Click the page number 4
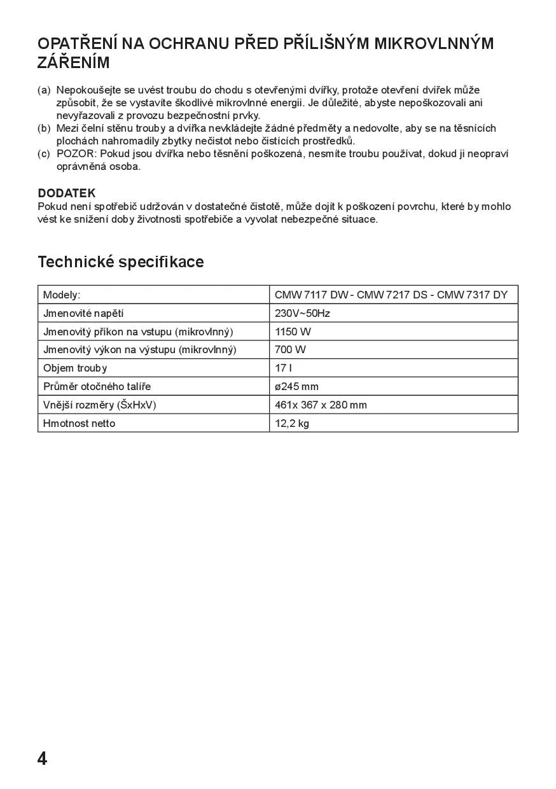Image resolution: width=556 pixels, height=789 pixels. [43, 758]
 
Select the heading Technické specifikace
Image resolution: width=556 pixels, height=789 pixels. [121, 262]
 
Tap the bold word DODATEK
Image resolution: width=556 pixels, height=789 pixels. [67, 193]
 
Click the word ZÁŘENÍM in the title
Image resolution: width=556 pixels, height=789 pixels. [74, 63]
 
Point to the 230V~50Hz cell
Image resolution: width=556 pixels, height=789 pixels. [302, 313]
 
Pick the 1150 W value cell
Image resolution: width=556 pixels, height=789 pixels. [293, 332]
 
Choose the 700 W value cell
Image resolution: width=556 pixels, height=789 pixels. [290, 349]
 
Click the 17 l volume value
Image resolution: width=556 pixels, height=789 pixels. [283, 368]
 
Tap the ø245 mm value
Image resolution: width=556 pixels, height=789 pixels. [296, 386]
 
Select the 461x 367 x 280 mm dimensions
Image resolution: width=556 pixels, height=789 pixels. [321, 405]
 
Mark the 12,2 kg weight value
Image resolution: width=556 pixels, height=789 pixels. [292, 423]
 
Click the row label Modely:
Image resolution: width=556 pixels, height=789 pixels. [62, 295]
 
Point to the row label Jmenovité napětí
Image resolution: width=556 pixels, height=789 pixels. [83, 313]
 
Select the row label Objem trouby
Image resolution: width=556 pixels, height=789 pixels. [75, 368]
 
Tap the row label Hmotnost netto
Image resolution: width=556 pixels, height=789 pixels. [80, 423]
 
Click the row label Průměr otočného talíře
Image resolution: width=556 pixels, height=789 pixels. [97, 386]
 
